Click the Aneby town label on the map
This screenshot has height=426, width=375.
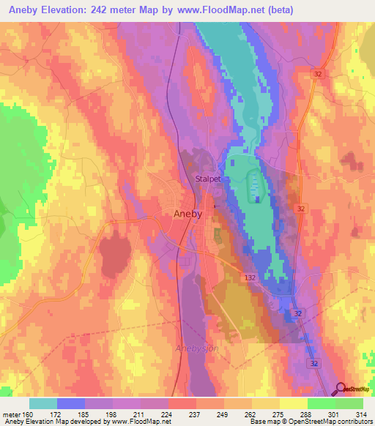[x=174, y=214]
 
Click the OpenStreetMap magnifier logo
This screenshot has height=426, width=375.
[x=341, y=389]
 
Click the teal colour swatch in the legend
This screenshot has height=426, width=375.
[x=43, y=403]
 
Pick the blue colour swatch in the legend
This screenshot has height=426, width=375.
[x=71, y=403]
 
